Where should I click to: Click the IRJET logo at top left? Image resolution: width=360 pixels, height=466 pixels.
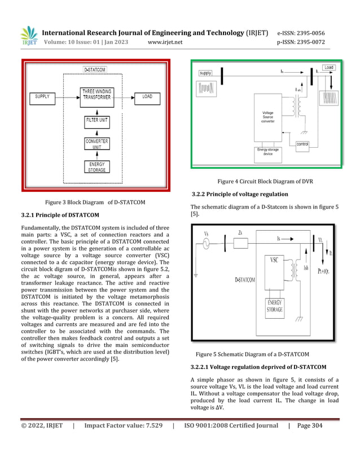click(29, 36)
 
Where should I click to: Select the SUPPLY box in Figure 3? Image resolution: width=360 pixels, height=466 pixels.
click(42, 96)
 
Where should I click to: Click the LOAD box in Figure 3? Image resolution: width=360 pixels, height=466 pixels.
click(147, 96)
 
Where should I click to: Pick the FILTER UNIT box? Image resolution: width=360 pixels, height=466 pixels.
click(97, 121)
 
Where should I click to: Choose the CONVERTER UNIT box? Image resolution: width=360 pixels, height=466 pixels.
click(97, 143)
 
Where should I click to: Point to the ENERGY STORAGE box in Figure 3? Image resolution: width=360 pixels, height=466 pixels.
click(97, 167)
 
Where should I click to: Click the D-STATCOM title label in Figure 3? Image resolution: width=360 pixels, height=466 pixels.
click(95, 70)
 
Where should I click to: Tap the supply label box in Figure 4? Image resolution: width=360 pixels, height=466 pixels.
click(205, 73)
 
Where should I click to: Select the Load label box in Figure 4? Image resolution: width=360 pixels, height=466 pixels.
click(329, 68)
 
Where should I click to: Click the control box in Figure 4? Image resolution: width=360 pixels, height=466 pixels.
click(302, 144)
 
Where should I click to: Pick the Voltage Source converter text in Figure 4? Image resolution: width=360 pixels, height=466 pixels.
click(267, 117)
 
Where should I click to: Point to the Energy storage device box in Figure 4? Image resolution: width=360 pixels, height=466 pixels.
click(268, 152)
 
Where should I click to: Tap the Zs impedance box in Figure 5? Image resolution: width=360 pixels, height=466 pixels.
click(240, 243)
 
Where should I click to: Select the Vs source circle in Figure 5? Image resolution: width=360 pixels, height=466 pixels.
click(206, 244)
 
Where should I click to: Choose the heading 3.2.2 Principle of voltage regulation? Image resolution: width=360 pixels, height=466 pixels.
click(239, 194)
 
